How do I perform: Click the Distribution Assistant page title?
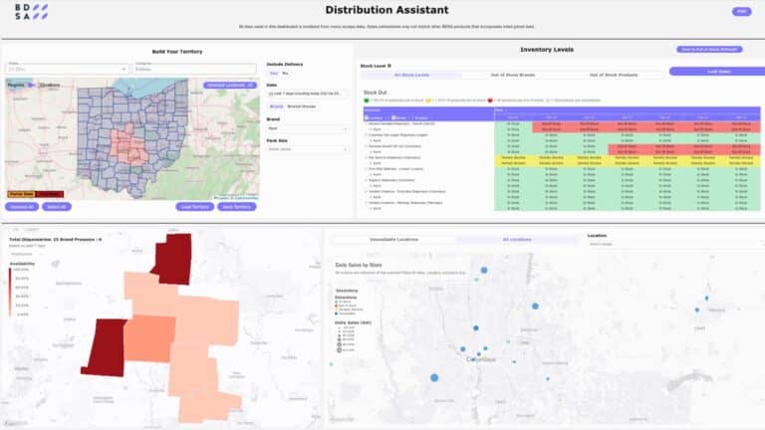[382, 10]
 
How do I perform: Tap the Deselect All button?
[22, 206]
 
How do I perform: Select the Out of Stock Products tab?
[614, 75]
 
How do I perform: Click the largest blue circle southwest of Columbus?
[434, 377]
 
